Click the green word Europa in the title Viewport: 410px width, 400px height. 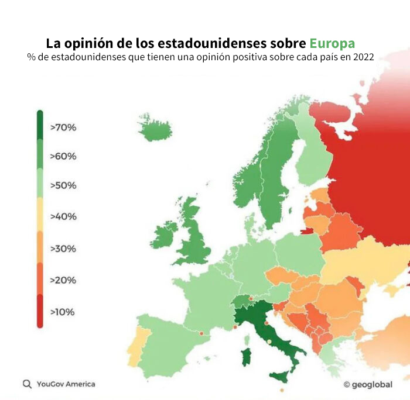click(332, 44)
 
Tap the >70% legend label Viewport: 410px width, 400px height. click(63, 127)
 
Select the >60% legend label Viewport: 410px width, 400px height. click(63, 156)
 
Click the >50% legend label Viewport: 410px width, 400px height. click(63, 185)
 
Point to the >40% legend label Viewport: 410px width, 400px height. click(63, 216)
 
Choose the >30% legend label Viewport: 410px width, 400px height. click(63, 249)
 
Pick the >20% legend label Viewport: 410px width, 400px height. click(63, 280)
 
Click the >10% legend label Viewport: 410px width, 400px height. click(63, 312)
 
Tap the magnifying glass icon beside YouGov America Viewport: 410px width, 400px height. click(27, 384)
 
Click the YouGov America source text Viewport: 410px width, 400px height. click(66, 384)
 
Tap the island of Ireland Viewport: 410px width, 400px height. click(165, 235)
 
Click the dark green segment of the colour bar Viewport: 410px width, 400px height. click(40, 126)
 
